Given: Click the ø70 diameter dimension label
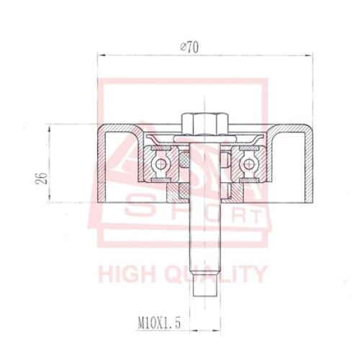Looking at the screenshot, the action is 189,48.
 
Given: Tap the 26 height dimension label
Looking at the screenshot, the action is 41,178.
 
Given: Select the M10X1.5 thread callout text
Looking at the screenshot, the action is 159,323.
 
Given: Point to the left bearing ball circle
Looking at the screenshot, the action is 160,164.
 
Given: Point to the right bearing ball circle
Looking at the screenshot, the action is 249,164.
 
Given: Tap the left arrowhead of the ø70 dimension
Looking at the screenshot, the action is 102,55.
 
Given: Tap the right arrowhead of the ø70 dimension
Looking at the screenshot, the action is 309,55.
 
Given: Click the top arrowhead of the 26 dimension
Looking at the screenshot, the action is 50,129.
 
